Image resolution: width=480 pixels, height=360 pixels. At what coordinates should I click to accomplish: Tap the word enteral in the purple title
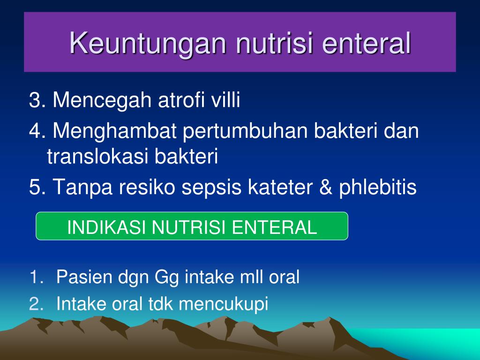click(366, 43)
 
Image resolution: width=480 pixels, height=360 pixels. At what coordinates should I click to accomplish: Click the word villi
click(225, 99)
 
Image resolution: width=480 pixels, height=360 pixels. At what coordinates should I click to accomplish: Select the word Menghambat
click(114, 131)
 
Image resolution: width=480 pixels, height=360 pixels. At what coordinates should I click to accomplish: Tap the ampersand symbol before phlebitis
click(325, 187)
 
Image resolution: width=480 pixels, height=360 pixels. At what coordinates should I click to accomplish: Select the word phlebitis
click(378, 187)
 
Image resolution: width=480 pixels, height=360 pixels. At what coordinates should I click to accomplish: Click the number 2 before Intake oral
click(34, 304)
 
